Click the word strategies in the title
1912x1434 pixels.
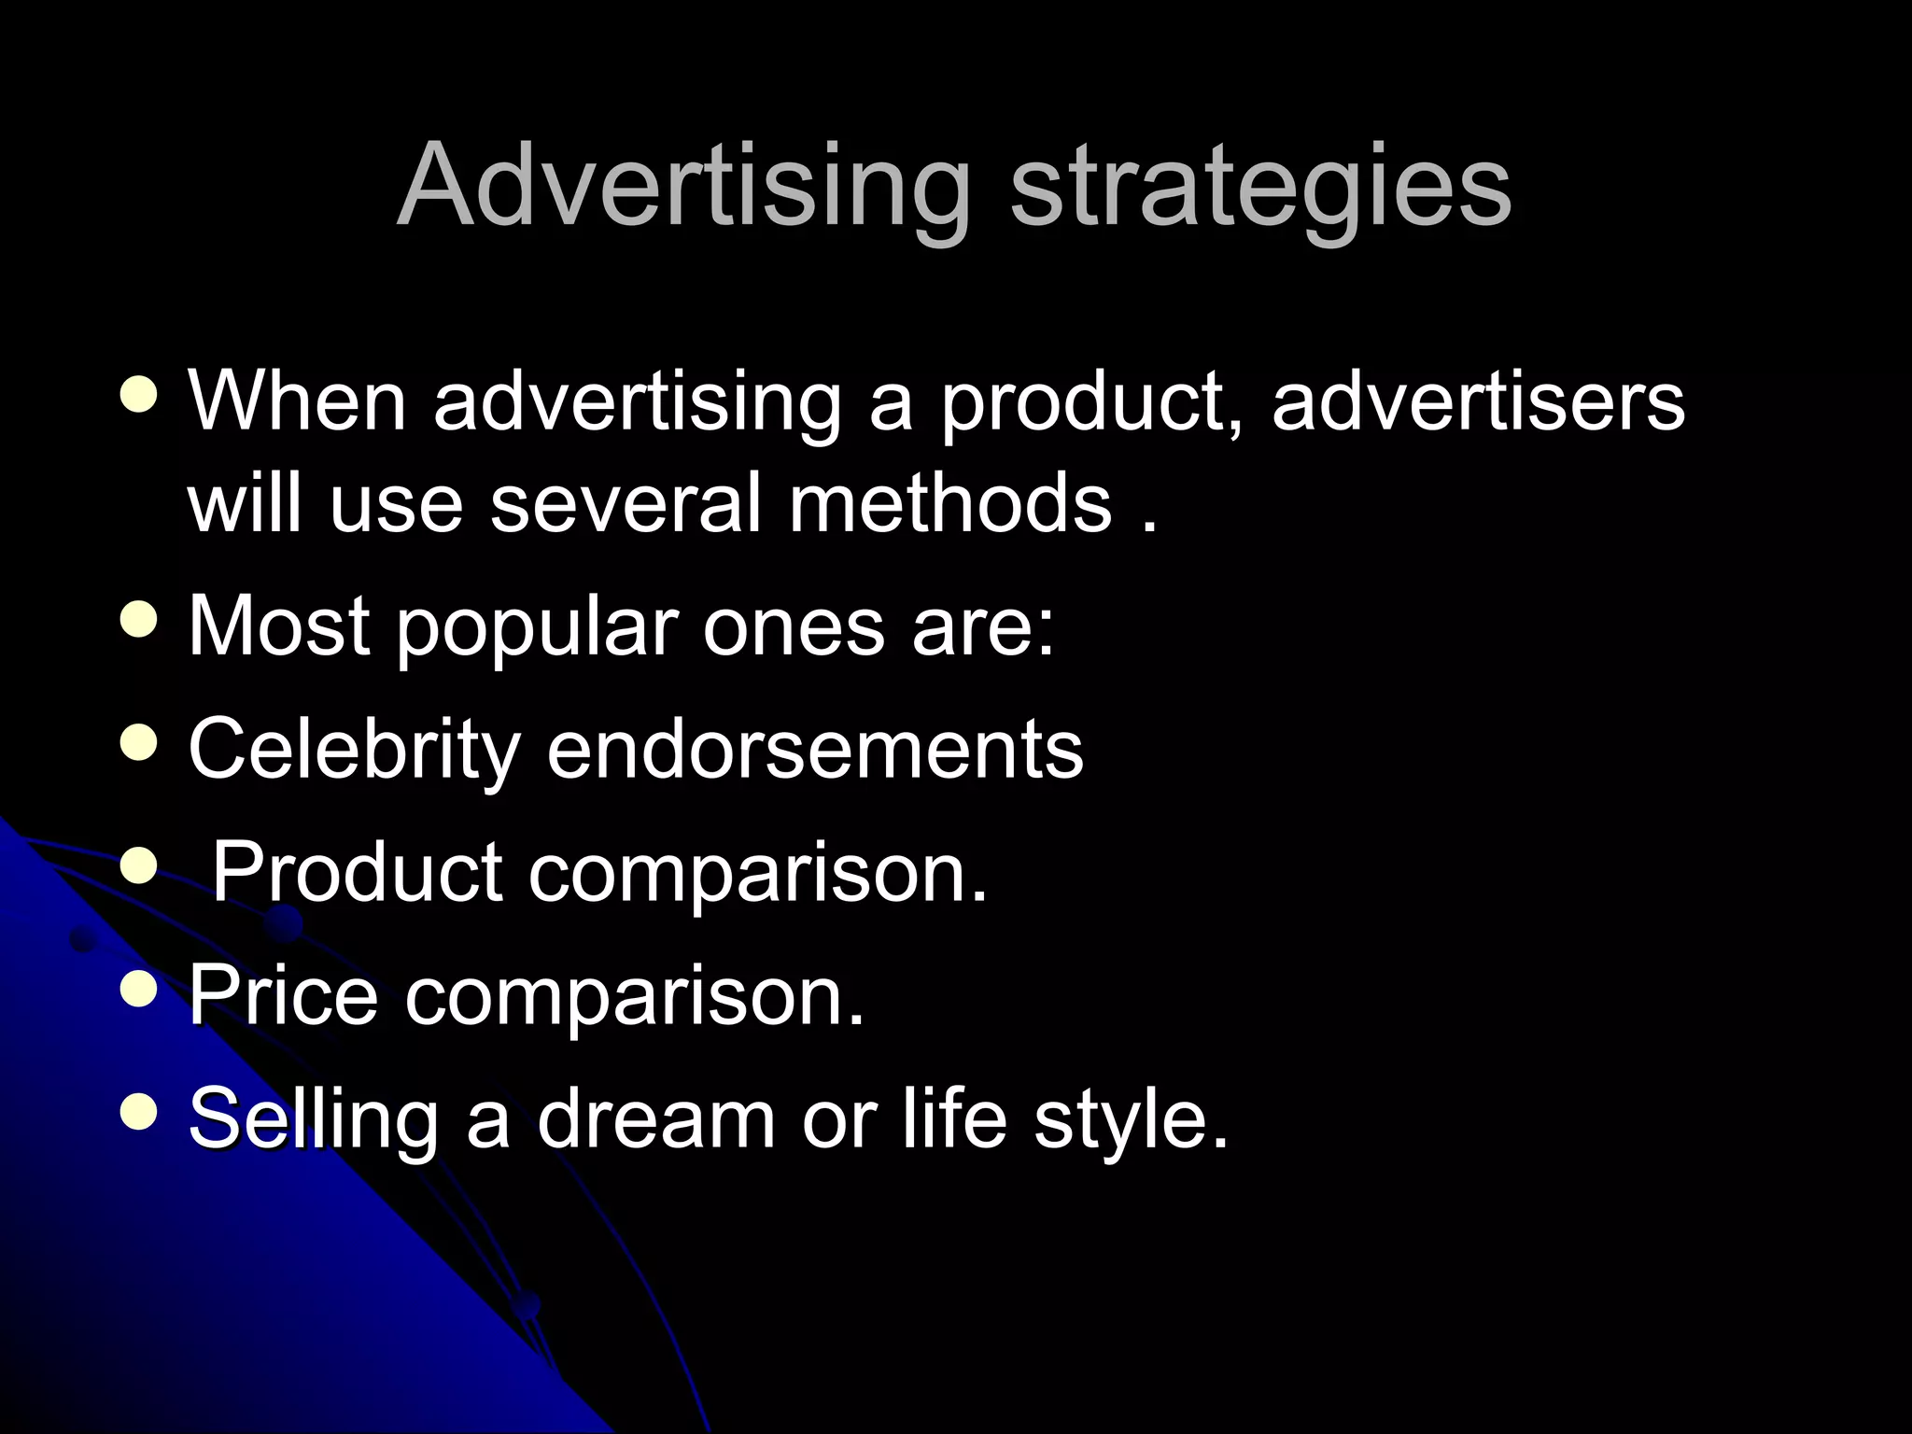click(1260, 187)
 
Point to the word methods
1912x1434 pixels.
click(950, 504)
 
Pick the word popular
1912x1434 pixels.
click(539, 627)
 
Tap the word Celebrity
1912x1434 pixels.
click(354, 750)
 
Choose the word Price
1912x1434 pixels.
click(284, 996)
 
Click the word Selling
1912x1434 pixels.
click(314, 1119)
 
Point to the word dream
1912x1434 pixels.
click(656, 1118)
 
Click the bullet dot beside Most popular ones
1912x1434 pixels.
click(139, 620)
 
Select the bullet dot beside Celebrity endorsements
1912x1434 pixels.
click(139, 743)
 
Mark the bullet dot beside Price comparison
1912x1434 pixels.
click(139, 990)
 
